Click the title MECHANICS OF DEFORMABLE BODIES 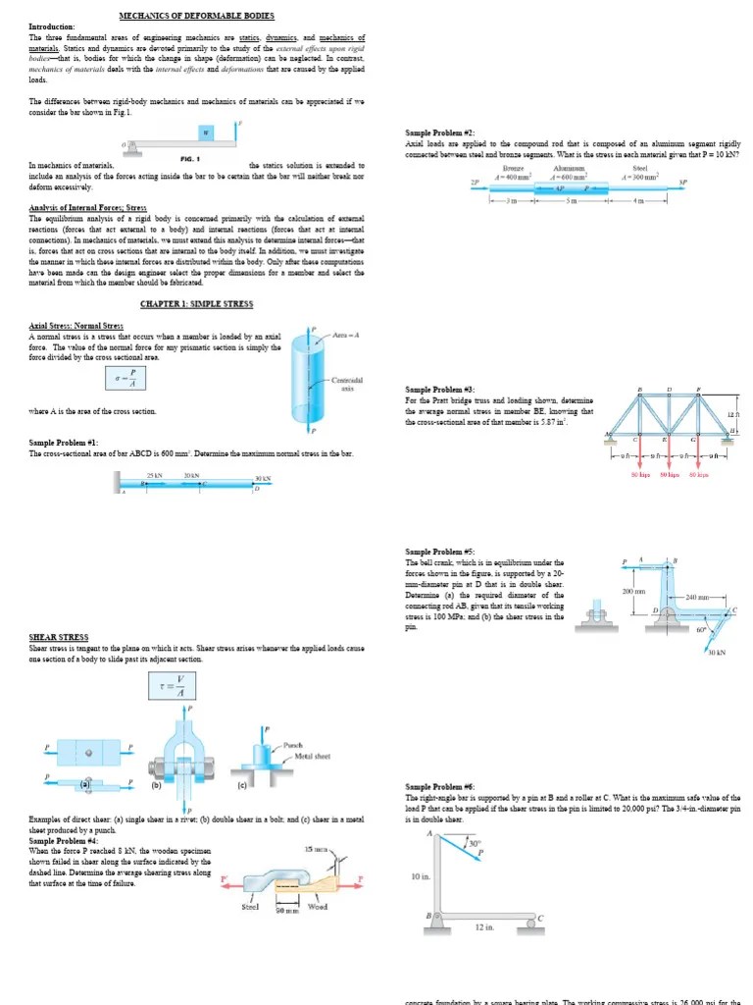click(196, 16)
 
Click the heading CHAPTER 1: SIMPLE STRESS click(191, 304)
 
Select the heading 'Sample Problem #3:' click(440, 390)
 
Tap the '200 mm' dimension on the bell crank click(632, 591)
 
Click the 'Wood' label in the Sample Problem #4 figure click(317, 907)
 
